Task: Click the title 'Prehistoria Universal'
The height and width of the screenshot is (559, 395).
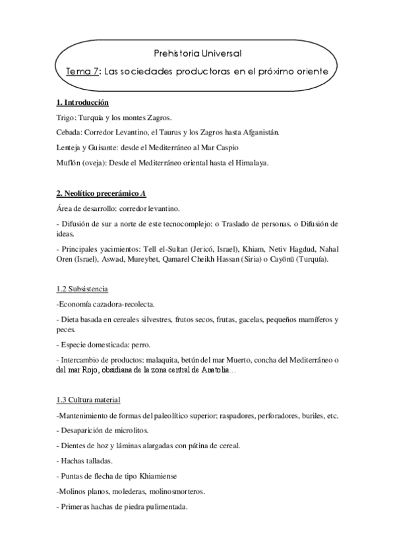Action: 197,52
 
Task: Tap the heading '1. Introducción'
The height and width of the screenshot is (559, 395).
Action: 82,103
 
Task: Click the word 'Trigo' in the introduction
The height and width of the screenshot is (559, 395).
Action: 67,118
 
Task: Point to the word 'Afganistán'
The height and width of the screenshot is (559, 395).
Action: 260,132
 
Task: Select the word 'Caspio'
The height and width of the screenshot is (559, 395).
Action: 226,147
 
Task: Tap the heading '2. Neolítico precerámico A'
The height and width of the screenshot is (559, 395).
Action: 100,193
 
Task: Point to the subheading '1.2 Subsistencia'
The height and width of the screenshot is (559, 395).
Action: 82,290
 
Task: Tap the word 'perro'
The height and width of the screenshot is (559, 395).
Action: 140,345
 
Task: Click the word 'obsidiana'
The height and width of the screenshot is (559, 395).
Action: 121,371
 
